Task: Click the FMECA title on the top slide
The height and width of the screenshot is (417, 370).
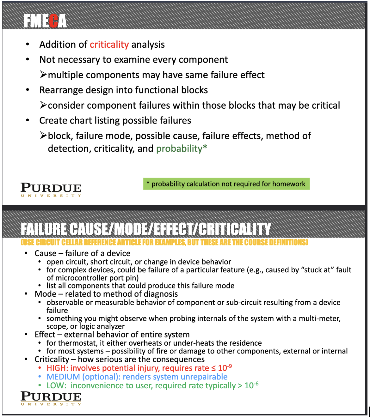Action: tap(45, 21)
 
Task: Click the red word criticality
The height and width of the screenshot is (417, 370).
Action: tap(109, 45)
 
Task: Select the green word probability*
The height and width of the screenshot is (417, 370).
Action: tap(182, 148)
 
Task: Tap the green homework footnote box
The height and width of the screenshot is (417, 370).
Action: tap(226, 184)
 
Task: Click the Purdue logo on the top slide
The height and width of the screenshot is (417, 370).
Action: tap(51, 190)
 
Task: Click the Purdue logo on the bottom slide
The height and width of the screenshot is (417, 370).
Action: tap(51, 398)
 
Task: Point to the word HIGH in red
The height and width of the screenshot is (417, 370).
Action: tap(57, 368)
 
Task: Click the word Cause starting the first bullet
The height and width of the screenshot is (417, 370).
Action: tap(46, 253)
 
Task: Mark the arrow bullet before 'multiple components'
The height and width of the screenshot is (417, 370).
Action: tap(43, 75)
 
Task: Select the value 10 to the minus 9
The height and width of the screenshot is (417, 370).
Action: tap(225, 368)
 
